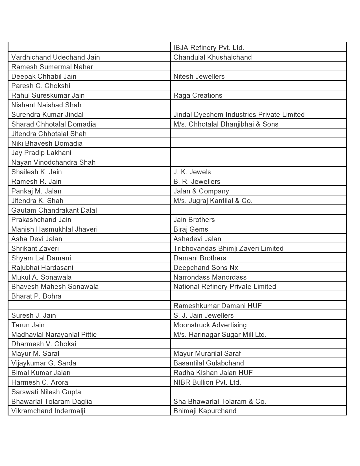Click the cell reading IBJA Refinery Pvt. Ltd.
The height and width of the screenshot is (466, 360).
[x=209, y=47]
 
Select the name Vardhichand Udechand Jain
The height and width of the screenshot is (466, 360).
[x=56, y=57]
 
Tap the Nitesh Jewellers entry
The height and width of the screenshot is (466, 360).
[x=199, y=76]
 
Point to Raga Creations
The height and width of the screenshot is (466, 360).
[x=198, y=95]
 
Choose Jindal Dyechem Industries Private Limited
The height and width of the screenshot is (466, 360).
[x=239, y=114]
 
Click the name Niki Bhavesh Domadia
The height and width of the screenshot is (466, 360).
[x=47, y=143]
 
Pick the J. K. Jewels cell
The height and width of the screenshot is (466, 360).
[x=192, y=172]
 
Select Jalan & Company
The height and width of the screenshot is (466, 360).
[x=201, y=191]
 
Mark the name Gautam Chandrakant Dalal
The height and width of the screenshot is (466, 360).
[x=54, y=210]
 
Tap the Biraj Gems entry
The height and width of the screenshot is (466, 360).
[x=191, y=229]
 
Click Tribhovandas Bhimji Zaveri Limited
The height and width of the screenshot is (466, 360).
[x=228, y=248]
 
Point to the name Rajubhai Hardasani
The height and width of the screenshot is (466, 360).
[x=42, y=267]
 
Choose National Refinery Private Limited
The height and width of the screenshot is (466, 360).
[x=225, y=286]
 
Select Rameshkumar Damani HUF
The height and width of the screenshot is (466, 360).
[x=218, y=306]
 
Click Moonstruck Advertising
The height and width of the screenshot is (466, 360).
[x=210, y=325]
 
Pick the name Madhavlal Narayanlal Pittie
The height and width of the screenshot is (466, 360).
[x=54, y=334]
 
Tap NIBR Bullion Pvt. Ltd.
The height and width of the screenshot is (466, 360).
[x=207, y=382]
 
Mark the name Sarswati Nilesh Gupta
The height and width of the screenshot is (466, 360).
[x=46, y=392]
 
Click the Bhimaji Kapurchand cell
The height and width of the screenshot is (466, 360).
[x=205, y=411]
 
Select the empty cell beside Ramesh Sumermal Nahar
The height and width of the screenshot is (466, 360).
[x=258, y=67]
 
